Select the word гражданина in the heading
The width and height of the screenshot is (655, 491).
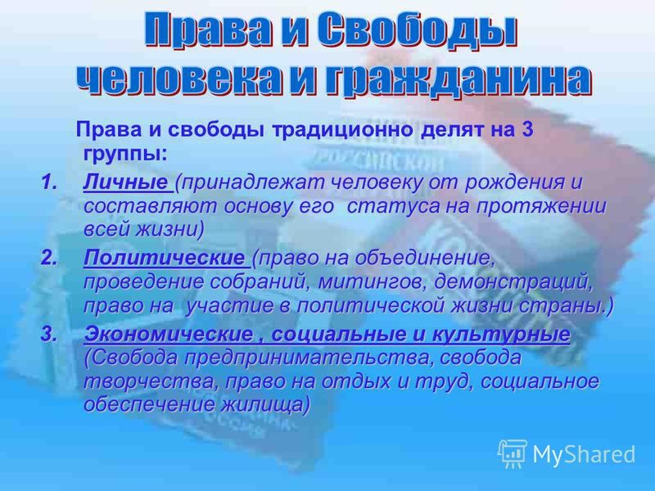[457, 79]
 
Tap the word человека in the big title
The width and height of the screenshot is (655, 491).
[180, 79]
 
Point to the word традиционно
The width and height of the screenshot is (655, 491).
[342, 130]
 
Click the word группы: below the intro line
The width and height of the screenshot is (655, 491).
[125, 155]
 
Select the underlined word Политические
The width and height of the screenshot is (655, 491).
[163, 258]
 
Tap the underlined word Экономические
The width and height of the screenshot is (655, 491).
[169, 334]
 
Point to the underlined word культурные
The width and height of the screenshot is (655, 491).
[500, 334]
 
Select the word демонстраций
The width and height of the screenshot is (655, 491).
[513, 282]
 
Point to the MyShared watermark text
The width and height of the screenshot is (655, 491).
[584, 454]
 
